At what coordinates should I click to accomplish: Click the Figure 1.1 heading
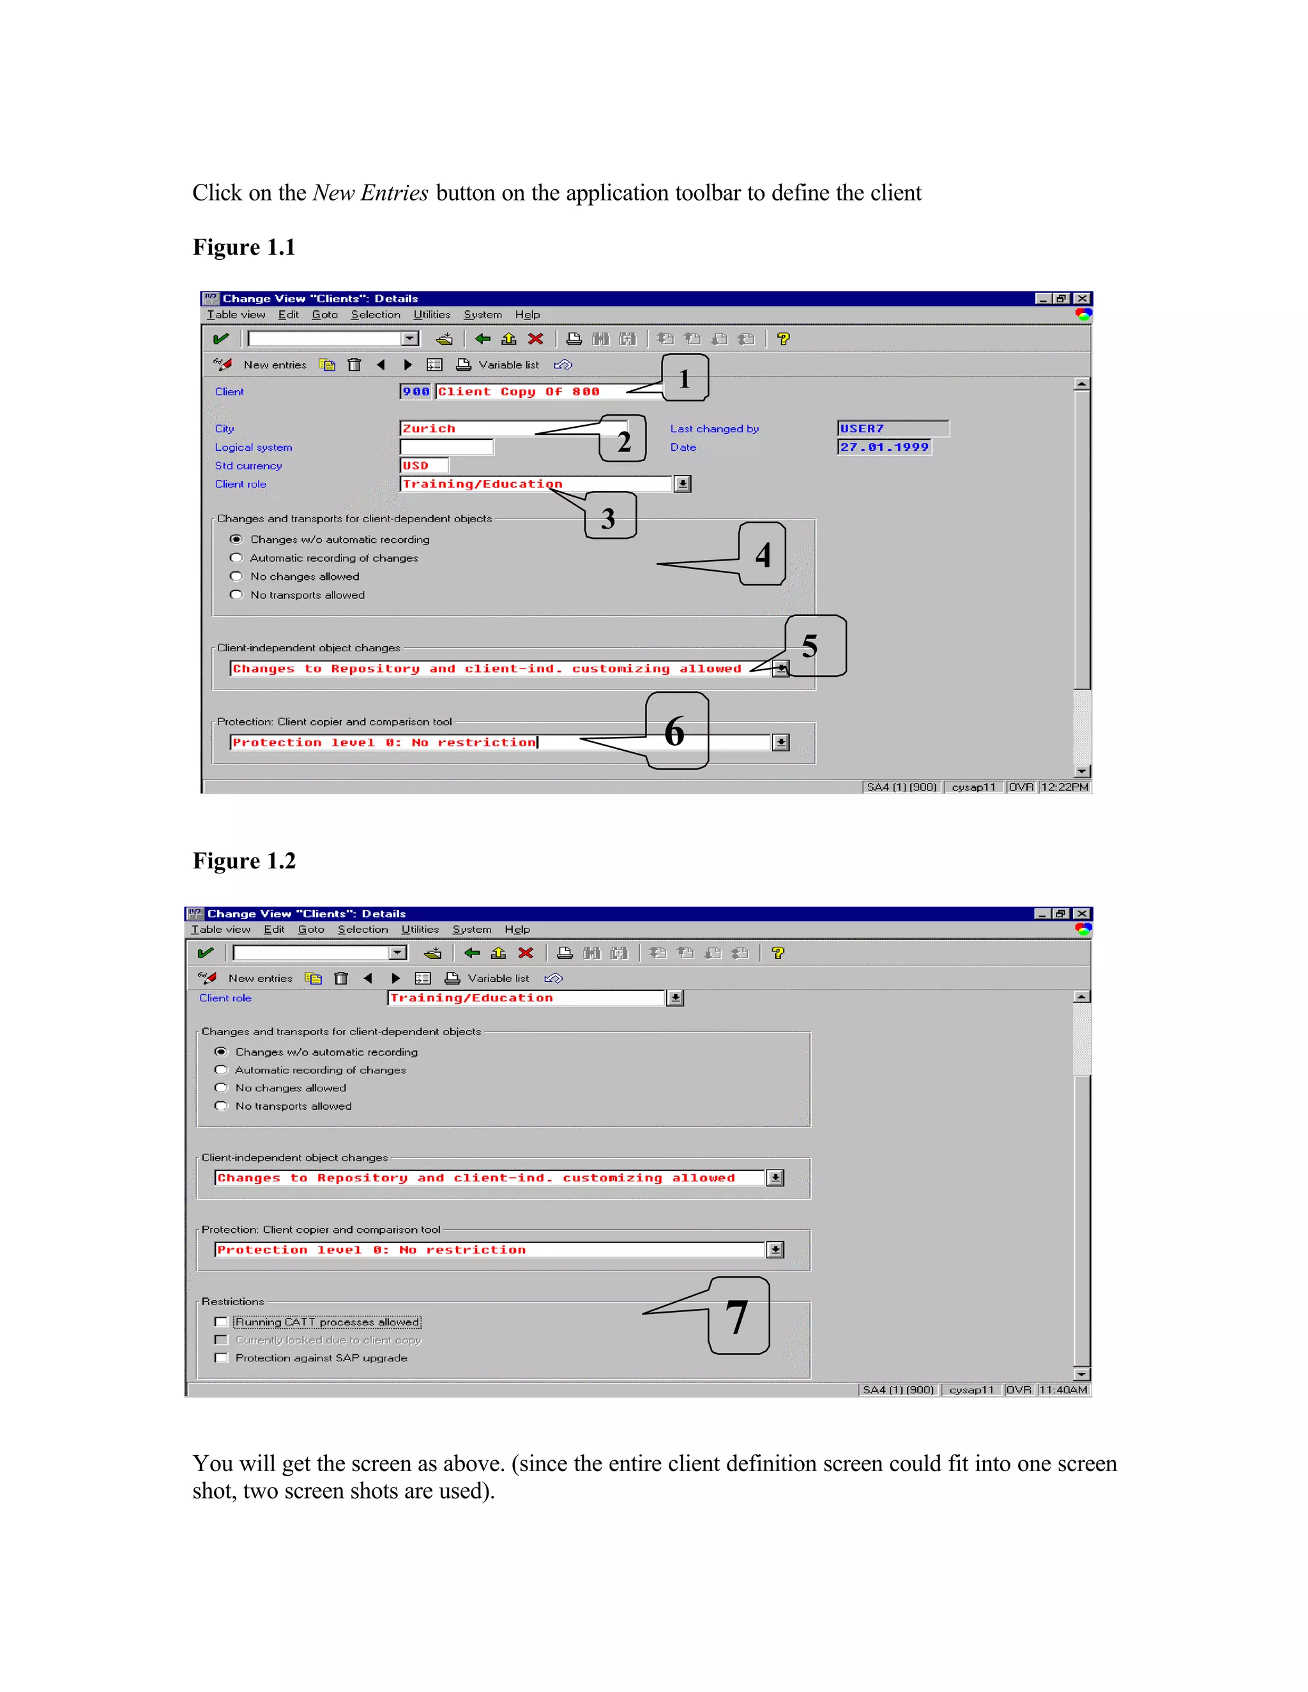pos(243,247)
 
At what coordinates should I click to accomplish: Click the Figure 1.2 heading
pos(243,861)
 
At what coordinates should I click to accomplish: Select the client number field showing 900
pos(415,391)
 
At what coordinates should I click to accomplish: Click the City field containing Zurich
pos(465,428)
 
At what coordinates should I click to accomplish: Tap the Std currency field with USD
pos(423,465)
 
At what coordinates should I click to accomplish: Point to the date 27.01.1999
pos(884,447)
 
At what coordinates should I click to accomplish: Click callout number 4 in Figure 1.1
pos(763,554)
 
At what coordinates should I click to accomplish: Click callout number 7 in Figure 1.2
pos(738,1317)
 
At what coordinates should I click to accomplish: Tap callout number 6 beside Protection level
pos(676,731)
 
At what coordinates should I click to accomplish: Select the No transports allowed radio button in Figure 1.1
pos(236,595)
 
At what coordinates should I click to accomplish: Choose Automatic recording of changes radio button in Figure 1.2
pos(222,1070)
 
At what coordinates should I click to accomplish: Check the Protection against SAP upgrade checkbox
pos(222,1358)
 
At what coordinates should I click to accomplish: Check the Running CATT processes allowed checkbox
pos(222,1322)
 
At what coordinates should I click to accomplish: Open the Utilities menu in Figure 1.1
pos(432,315)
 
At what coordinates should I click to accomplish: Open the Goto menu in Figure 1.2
pos(311,930)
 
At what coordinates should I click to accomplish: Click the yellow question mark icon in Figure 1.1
pos(784,338)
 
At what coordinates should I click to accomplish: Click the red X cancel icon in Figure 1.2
pos(526,953)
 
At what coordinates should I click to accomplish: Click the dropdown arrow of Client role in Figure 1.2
pos(675,998)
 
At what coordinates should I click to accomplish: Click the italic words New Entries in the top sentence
pos(370,193)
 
